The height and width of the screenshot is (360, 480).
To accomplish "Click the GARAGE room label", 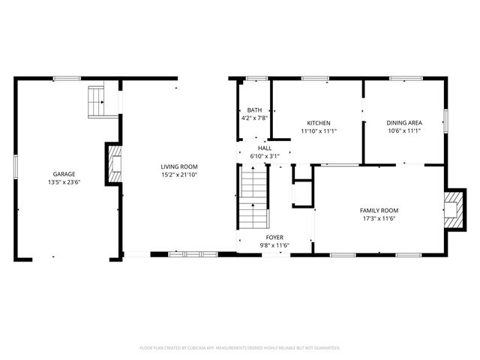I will pos(64,174).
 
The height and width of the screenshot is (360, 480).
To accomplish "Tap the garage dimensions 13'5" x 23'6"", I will pos(64,181).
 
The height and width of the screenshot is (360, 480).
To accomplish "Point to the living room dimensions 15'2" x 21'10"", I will pos(178,175).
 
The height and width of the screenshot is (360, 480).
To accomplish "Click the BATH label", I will pos(255,109).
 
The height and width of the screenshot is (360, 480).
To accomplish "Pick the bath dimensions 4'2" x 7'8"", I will pos(255,118).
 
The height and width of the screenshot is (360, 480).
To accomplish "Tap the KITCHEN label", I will pos(319,123).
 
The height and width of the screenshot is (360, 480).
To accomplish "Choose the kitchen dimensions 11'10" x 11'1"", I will pos(319,131).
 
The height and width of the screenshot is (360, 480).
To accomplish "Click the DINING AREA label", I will pos(403,123).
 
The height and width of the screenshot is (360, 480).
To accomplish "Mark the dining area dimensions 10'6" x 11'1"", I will pos(403,131).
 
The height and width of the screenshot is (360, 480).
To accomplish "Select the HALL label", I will pos(265,148).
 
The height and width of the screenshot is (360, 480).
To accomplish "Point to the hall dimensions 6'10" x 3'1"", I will pos(265,156).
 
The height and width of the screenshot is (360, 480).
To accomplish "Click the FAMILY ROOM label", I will pos(379,211).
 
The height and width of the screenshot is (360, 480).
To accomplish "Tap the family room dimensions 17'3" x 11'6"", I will pos(379,219).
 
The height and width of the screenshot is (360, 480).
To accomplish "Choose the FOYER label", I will pos(263,237).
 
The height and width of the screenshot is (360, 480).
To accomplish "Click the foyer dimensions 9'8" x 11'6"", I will pos(263,245).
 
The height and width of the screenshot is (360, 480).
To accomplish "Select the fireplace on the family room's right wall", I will pos(452,206).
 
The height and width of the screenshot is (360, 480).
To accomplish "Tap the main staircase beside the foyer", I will pos(254,198).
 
